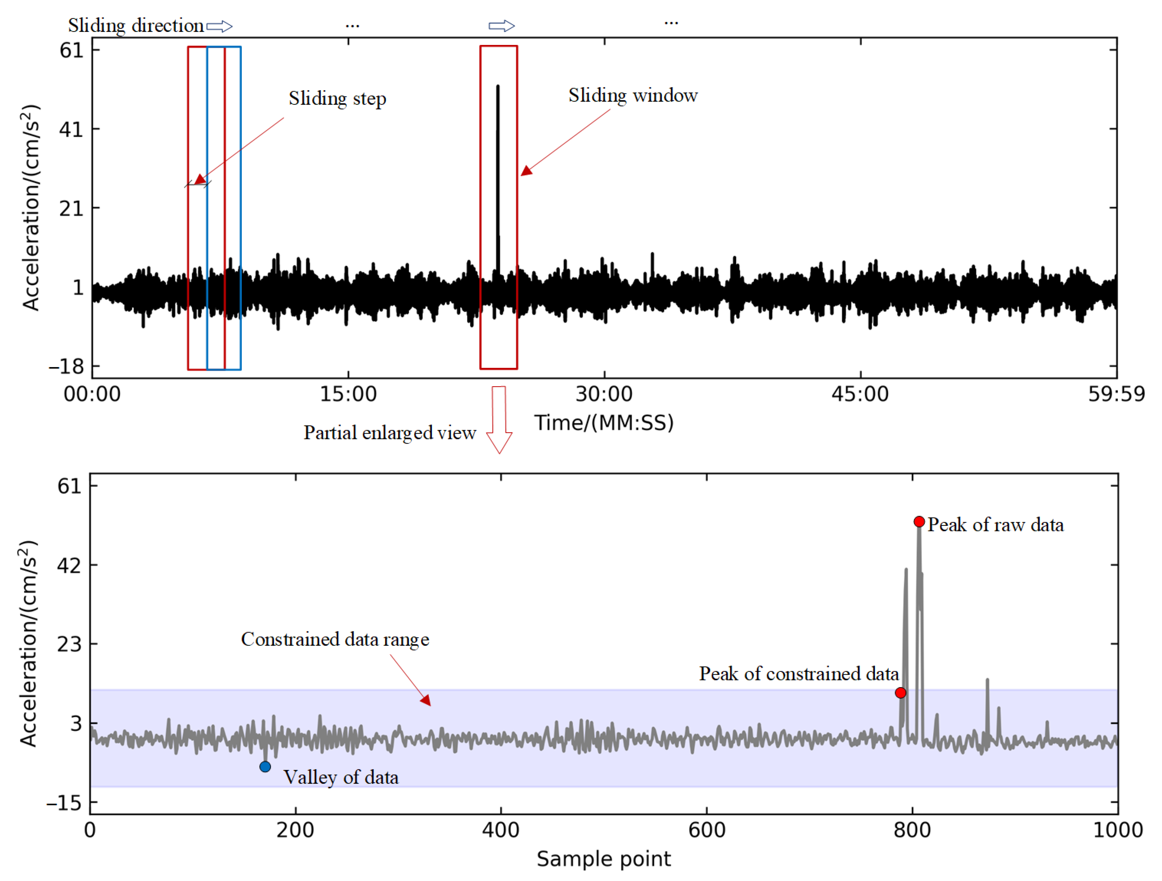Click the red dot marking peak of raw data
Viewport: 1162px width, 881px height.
point(919,522)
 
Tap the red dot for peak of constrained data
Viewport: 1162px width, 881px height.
point(900,693)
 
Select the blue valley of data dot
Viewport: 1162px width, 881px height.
point(265,767)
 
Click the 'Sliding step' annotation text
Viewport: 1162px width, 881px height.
point(337,98)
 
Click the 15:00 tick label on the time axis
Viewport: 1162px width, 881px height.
point(348,394)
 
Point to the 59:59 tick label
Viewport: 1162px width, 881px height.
point(1116,394)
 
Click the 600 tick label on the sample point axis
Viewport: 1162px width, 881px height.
point(707,830)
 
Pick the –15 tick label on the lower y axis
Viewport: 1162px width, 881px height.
point(65,803)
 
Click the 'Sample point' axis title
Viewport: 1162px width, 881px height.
point(604,859)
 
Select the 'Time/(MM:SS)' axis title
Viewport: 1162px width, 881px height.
point(604,423)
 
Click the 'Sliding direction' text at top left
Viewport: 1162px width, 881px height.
point(136,25)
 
